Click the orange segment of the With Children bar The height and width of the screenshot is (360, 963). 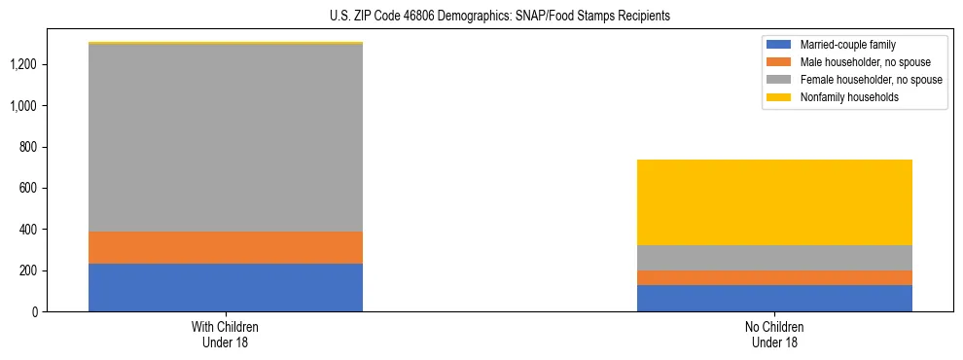click(x=226, y=247)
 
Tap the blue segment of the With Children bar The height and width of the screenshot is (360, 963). click(x=226, y=287)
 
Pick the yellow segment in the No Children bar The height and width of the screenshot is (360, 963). click(x=774, y=202)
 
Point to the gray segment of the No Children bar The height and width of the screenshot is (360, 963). click(x=774, y=258)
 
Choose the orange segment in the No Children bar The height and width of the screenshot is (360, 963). click(x=774, y=277)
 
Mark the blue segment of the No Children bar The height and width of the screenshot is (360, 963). click(x=774, y=298)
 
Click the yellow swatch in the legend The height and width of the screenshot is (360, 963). click(x=779, y=97)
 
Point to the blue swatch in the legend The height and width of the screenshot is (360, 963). click(x=779, y=45)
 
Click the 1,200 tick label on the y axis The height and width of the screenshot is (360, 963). click(x=23, y=64)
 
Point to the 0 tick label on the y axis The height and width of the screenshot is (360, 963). click(x=34, y=312)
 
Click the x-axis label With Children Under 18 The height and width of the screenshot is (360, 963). click(x=226, y=335)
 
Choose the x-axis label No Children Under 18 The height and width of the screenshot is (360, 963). click(x=774, y=335)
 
